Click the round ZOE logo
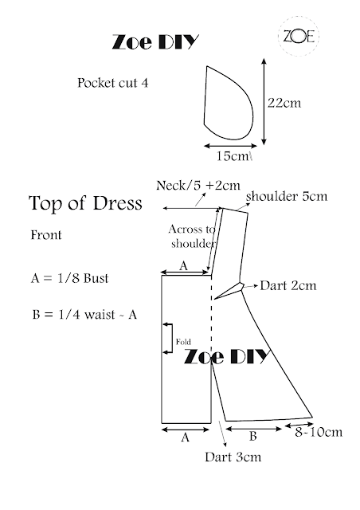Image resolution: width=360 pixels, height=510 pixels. [299, 36]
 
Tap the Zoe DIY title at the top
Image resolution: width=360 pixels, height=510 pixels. [155, 42]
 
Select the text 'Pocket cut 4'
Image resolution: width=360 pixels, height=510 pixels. [112, 83]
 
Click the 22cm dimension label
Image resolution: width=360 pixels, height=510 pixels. [284, 103]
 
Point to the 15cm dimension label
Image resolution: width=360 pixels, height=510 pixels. [233, 156]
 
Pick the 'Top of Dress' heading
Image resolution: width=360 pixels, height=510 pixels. [85, 203]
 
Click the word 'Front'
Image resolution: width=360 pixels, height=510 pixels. [46, 235]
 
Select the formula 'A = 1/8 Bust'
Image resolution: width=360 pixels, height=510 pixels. [69, 278]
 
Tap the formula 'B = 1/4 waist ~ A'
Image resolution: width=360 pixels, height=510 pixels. [84, 315]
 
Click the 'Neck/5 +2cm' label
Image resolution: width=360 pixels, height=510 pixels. [198, 186]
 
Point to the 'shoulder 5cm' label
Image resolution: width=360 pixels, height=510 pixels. [287, 197]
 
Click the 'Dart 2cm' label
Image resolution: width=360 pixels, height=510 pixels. [288, 285]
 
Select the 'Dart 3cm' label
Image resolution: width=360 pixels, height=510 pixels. [233, 457]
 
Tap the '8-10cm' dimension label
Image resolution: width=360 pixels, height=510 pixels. [319, 432]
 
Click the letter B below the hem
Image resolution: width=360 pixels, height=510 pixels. [253, 436]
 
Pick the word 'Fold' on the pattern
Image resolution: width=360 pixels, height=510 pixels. [183, 342]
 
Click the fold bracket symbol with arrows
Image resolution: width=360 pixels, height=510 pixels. [172, 338]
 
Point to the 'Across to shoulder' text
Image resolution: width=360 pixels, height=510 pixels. [193, 236]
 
